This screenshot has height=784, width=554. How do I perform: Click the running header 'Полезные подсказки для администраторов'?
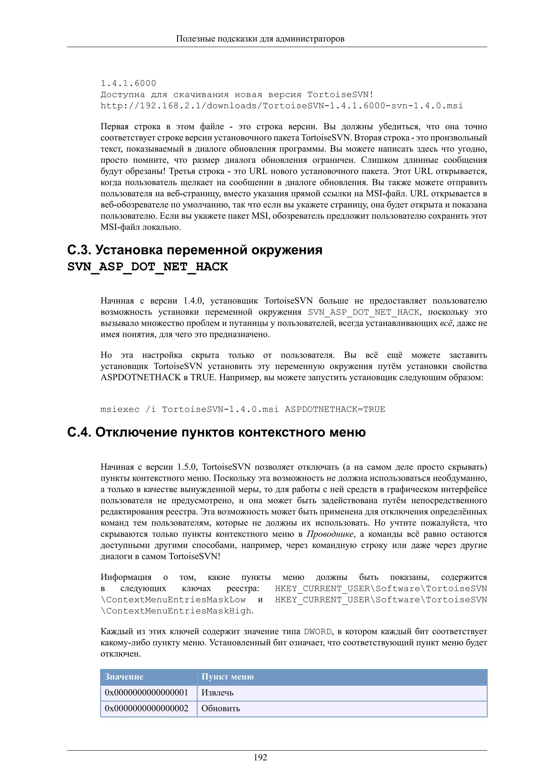(x=260, y=39)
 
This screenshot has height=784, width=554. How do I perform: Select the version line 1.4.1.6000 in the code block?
(x=128, y=83)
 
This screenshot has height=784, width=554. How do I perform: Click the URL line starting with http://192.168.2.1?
(x=282, y=106)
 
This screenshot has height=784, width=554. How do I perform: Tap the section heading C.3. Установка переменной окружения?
(x=194, y=250)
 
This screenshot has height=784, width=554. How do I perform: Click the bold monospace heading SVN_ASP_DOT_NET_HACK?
(x=147, y=267)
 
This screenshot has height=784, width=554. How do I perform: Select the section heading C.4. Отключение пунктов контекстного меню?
(x=216, y=432)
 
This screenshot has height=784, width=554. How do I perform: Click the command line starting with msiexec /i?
(x=243, y=409)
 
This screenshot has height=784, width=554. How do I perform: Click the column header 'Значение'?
(x=124, y=677)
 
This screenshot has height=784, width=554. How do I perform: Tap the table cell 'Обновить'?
(x=220, y=708)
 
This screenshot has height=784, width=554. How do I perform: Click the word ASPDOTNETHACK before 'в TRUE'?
(x=141, y=378)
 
